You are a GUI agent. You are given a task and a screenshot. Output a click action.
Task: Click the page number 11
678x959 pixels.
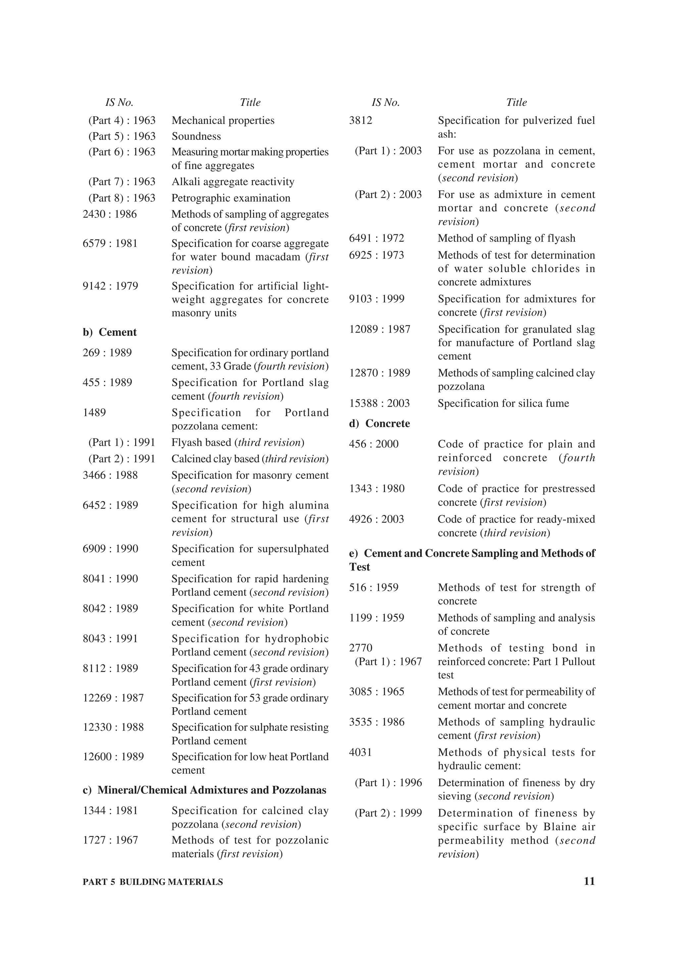point(589,881)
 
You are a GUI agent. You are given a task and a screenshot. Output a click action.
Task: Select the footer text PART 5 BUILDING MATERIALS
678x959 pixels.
point(153,882)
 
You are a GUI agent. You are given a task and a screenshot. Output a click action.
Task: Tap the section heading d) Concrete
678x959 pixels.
point(379,424)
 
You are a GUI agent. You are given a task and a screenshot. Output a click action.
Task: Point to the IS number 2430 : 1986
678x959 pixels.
point(110,214)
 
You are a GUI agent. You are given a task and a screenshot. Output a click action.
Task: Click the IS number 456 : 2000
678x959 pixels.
point(373,444)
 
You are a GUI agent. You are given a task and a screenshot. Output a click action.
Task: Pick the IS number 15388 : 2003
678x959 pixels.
point(379,403)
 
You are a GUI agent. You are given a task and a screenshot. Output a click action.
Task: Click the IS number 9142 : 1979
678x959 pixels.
point(110,286)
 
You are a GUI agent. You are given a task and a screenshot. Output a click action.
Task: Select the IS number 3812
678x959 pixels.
point(361,121)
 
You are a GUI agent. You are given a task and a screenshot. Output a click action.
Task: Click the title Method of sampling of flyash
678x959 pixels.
point(506,239)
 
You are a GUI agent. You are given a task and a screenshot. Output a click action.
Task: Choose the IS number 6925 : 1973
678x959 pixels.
point(376,255)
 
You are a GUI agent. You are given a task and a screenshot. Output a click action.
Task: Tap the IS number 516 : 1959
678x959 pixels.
point(373,588)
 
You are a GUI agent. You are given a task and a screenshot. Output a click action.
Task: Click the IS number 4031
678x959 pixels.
point(361,752)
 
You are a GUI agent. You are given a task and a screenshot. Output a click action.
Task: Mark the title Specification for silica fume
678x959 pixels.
point(503,403)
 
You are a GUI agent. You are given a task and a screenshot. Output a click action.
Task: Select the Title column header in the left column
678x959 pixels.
point(250,102)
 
